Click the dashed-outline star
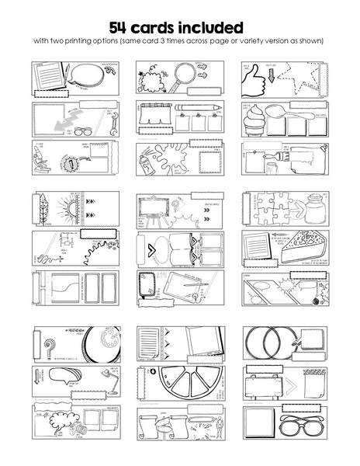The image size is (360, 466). (x=311, y=82)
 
